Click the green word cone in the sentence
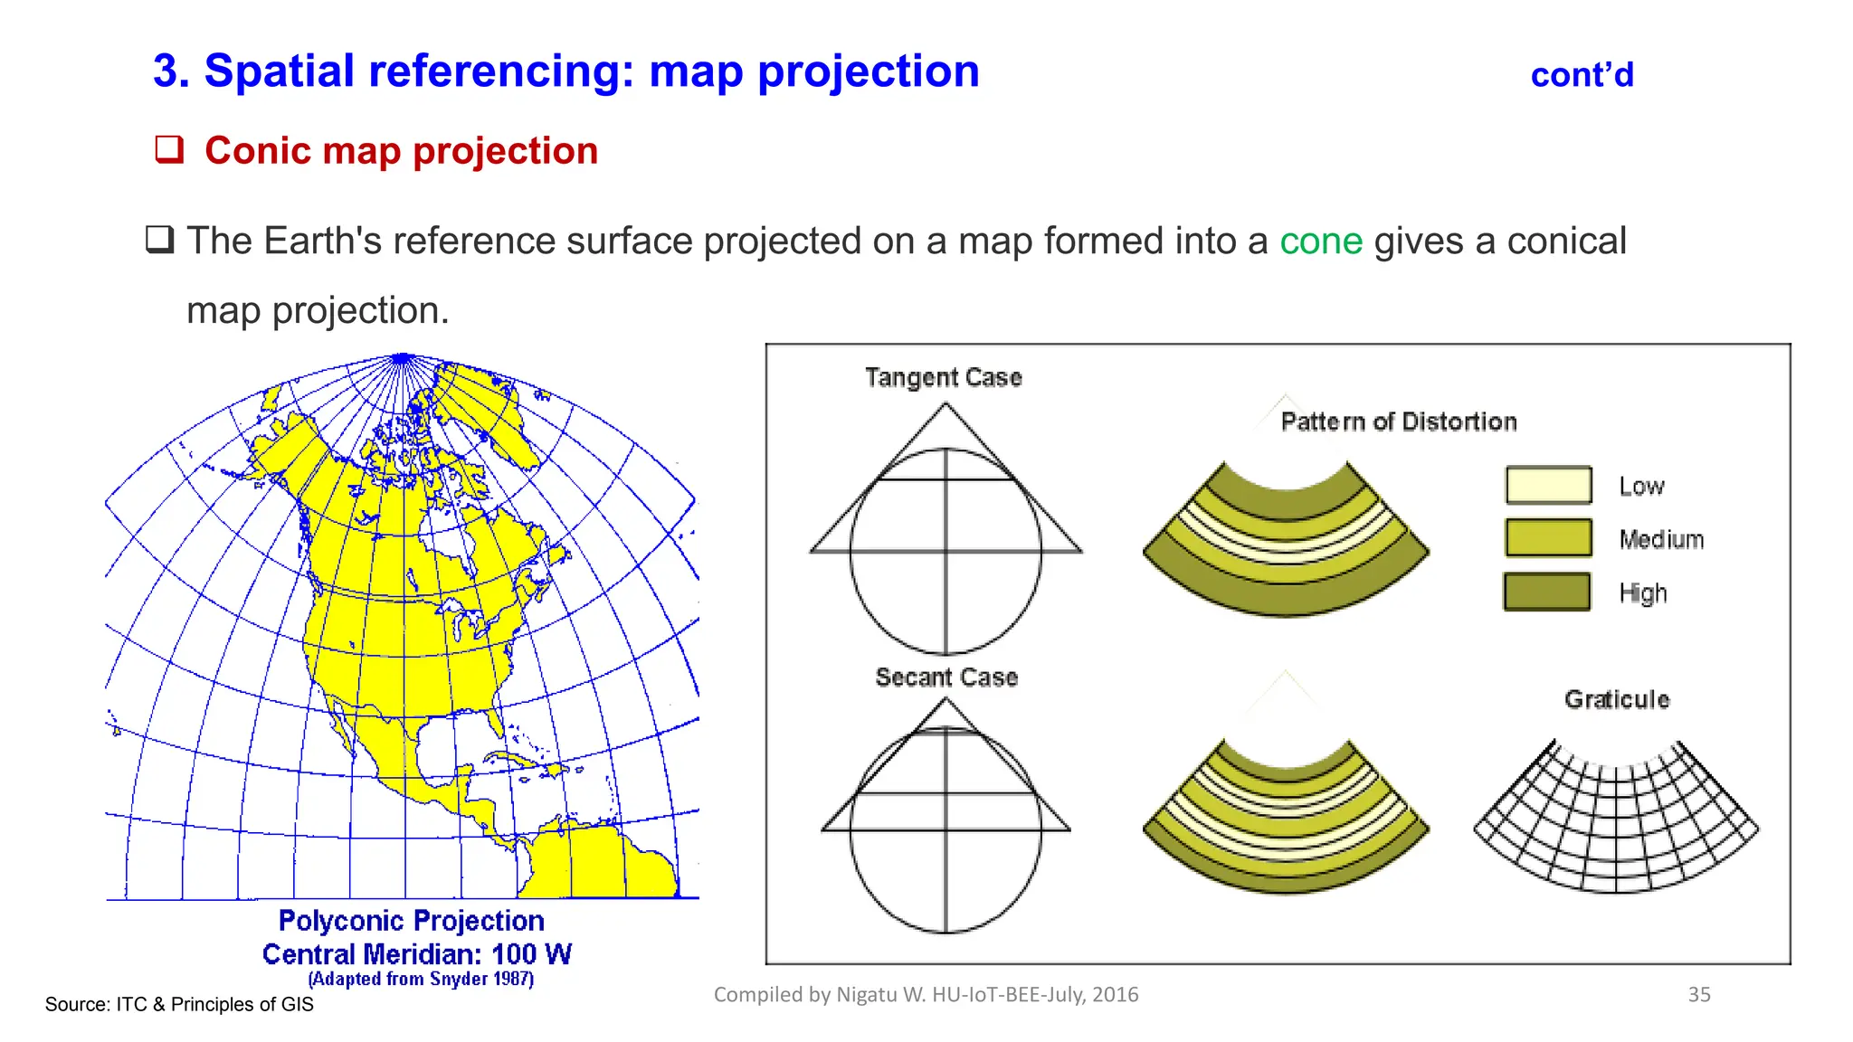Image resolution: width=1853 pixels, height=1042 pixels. point(1320,242)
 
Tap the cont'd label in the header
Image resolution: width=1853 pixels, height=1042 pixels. point(1582,75)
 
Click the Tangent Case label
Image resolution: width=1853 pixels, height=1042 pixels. point(943,377)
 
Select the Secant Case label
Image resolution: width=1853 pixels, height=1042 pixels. point(946,677)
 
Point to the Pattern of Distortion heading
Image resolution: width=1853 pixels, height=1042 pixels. point(1398,422)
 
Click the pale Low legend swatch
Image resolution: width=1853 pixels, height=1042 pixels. point(1548,485)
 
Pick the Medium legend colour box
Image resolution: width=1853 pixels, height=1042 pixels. point(1548,538)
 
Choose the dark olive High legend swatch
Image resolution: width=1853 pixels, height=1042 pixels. point(1546,592)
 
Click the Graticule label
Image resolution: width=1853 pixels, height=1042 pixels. point(1617,699)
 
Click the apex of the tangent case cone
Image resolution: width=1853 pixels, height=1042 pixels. point(946,405)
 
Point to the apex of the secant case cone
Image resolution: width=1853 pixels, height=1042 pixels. point(946,701)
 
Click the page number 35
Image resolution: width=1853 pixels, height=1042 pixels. point(1698,995)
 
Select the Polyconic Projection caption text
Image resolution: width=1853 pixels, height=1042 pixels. point(411,921)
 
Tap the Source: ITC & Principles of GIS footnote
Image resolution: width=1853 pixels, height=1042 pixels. point(179,1005)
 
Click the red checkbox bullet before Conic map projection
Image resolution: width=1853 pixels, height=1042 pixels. point(169,149)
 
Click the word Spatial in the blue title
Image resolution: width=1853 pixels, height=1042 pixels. point(279,71)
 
